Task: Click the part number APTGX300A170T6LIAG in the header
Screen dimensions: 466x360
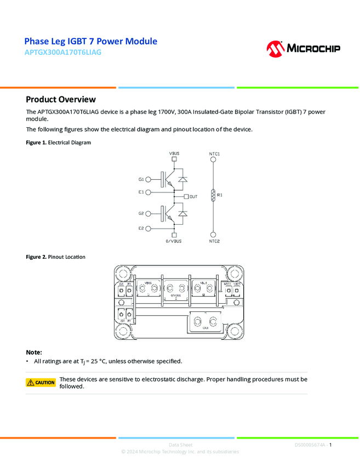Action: (63, 53)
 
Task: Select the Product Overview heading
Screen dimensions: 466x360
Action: (61, 99)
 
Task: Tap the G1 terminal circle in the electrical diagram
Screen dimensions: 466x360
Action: (148, 179)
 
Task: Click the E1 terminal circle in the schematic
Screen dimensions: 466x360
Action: (148, 192)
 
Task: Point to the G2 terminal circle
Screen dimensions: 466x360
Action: (148, 213)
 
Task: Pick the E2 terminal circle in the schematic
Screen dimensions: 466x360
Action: (148, 228)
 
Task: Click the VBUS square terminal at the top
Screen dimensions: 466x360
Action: (174, 160)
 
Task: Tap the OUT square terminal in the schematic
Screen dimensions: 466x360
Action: (186, 196)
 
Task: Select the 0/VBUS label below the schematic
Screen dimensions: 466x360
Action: (174, 241)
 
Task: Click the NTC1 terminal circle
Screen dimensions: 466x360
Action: (214, 160)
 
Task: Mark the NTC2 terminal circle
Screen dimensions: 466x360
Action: (214, 234)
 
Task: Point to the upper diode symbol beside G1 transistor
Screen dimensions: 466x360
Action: (183, 179)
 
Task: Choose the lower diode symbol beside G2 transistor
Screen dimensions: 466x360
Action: (183, 213)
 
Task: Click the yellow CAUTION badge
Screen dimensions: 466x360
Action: (41, 382)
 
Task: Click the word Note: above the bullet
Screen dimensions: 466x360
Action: (34, 352)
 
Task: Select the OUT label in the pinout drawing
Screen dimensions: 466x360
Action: (205, 327)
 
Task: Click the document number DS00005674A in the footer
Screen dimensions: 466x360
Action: (310, 445)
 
